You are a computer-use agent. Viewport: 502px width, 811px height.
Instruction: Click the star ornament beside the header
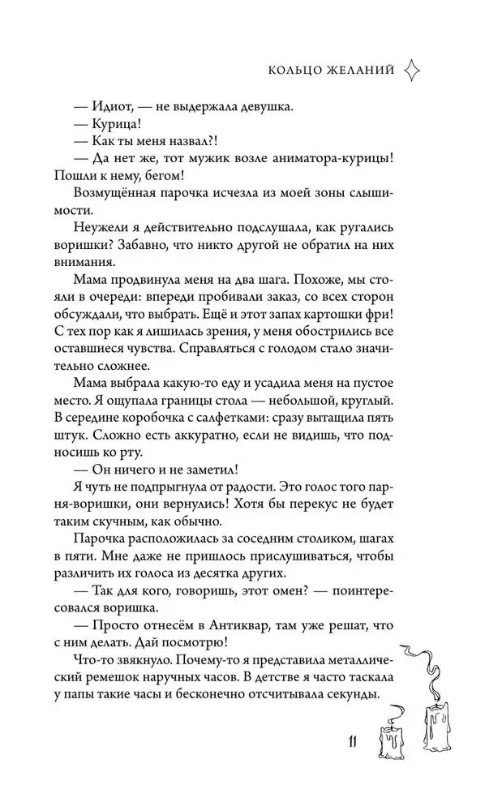pyautogui.click(x=411, y=70)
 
